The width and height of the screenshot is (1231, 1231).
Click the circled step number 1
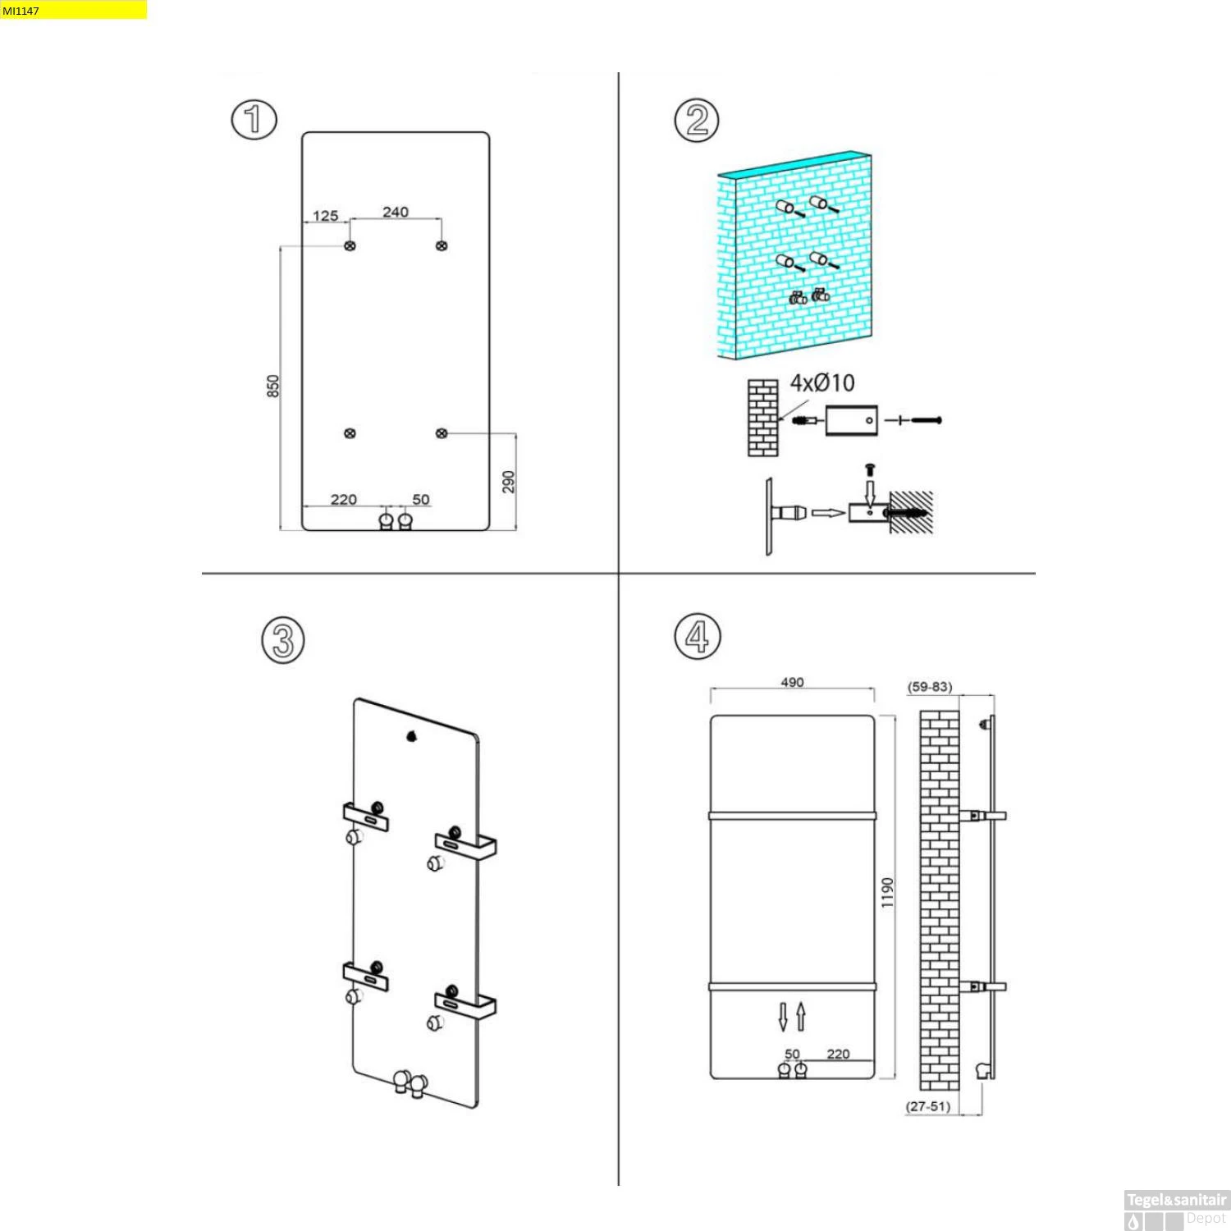(x=254, y=119)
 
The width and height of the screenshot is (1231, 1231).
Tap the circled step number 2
(x=697, y=120)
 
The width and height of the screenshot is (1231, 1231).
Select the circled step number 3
(x=283, y=640)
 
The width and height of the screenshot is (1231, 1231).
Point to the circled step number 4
(x=698, y=637)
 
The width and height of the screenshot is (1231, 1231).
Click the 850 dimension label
(x=273, y=386)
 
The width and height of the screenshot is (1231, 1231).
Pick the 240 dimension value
(x=396, y=212)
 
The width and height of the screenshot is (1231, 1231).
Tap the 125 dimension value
(x=326, y=216)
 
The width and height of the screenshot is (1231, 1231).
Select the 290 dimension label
(x=509, y=482)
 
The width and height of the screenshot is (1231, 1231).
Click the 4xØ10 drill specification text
(x=822, y=382)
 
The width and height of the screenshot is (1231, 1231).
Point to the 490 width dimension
(x=793, y=682)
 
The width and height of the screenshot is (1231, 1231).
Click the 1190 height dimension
(x=887, y=893)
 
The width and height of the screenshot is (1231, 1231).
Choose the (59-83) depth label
(x=930, y=687)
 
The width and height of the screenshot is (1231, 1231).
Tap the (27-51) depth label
(x=928, y=1106)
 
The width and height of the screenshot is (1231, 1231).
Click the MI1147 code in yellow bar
(x=21, y=11)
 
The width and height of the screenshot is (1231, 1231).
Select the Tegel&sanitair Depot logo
(x=1176, y=1210)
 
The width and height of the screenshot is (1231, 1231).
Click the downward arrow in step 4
(x=783, y=1017)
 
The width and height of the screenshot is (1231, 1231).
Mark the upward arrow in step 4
(x=801, y=1017)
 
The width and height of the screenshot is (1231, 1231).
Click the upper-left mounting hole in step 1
(x=350, y=245)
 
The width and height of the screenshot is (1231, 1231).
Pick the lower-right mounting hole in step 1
(x=442, y=433)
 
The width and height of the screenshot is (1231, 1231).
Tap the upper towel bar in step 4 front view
(x=793, y=816)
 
